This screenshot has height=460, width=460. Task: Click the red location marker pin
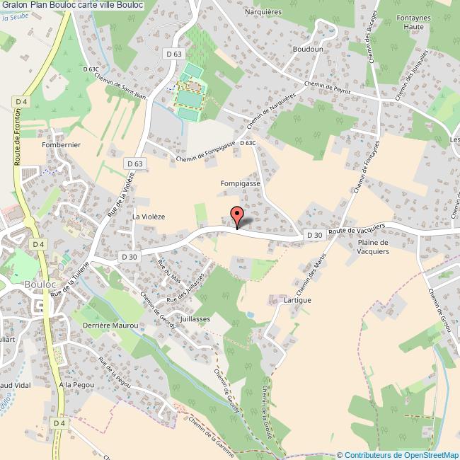click(237, 216)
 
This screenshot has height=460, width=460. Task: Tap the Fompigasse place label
click(240, 183)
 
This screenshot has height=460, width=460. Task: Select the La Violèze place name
click(148, 217)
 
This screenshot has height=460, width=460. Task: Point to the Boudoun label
click(308, 50)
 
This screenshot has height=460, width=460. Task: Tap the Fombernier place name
click(62, 144)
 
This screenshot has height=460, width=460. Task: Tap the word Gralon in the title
click(16, 5)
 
